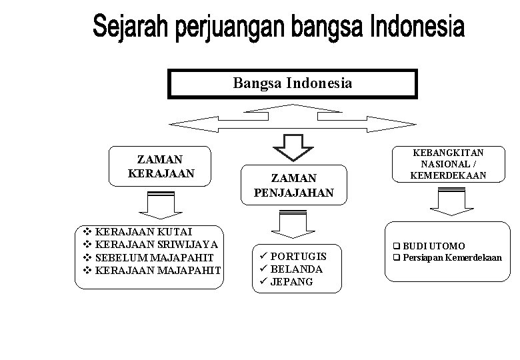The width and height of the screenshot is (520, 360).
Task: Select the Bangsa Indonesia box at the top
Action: tap(293, 83)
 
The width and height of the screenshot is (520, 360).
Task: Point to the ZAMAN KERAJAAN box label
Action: tap(160, 166)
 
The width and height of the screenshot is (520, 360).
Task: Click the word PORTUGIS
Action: tap(299, 257)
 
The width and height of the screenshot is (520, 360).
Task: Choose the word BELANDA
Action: tap(297, 269)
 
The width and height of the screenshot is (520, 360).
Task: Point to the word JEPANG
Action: tap(293, 282)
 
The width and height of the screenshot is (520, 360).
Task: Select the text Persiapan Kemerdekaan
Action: tap(452, 257)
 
